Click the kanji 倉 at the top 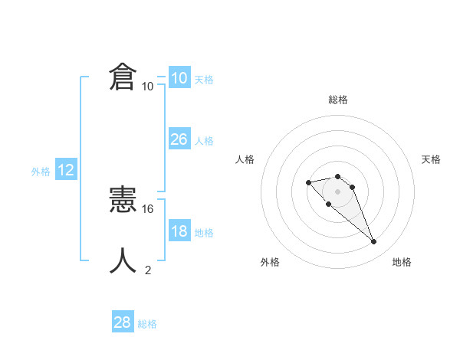pos(123,77)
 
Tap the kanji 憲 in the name pos(123,201)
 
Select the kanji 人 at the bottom pos(123,261)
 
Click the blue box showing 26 pos(179,139)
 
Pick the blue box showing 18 pos(179,231)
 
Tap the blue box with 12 pos(66,171)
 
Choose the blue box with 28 pos(123,323)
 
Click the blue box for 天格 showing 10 pos(179,78)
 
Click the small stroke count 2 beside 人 pos(148,270)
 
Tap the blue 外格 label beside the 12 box pos(41,172)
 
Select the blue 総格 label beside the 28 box pos(147,324)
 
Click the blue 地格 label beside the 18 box pos(204,233)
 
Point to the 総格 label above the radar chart pos(338,100)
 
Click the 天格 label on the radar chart pos(432,159)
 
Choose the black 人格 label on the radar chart pos(245,159)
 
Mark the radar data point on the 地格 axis pos(374,242)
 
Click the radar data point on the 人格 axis pos(308,182)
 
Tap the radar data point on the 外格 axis pos(329,204)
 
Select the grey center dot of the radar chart pos(338,191)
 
